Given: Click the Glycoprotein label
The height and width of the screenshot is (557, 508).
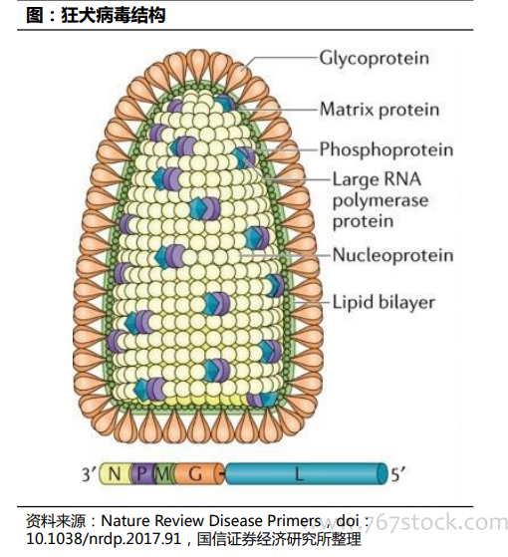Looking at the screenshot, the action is [374, 58].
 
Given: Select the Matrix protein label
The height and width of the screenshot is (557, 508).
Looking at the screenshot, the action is [380, 109].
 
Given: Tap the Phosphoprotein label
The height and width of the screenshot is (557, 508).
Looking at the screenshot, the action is [386, 149].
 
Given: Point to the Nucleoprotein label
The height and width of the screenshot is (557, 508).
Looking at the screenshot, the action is [392, 255].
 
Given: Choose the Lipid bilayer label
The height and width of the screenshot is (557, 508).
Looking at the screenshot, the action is [383, 303].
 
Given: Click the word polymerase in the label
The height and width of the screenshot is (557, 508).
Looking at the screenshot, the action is [381, 201].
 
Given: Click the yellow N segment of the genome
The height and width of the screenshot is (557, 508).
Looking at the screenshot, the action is [116, 473].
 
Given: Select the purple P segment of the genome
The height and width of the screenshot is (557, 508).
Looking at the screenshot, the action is [142, 473].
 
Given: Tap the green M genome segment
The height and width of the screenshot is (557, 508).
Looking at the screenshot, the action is [162, 473].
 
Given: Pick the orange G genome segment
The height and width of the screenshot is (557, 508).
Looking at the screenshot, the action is [197, 473].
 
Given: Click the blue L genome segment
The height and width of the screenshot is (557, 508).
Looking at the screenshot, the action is [305, 473].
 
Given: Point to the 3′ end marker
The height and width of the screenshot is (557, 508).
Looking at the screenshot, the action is [89, 474].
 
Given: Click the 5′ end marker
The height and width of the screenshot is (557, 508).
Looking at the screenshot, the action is [398, 474].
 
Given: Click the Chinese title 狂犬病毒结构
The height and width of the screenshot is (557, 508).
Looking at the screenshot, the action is [114, 16].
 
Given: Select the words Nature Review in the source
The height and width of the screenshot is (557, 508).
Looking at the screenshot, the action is [152, 521].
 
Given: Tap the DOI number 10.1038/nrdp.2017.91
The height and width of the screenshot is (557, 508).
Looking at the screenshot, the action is [104, 539].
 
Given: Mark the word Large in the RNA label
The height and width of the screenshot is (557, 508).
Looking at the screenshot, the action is [354, 179].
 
